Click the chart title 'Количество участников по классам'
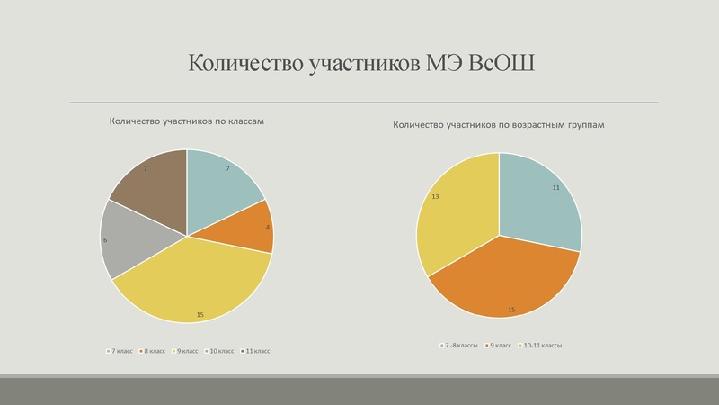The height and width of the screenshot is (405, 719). point(187,121)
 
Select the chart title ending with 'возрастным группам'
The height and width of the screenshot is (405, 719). point(499,125)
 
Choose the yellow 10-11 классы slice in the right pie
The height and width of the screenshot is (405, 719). point(454,216)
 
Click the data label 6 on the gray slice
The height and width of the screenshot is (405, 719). point(105,240)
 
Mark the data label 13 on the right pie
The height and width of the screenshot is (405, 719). point(435,196)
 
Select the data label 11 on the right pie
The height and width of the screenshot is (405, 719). point(556,187)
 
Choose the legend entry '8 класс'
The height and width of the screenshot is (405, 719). point(155,351)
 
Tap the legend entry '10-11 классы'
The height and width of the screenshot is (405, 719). point(542,345)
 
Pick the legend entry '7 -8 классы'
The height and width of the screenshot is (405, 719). point(460,345)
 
